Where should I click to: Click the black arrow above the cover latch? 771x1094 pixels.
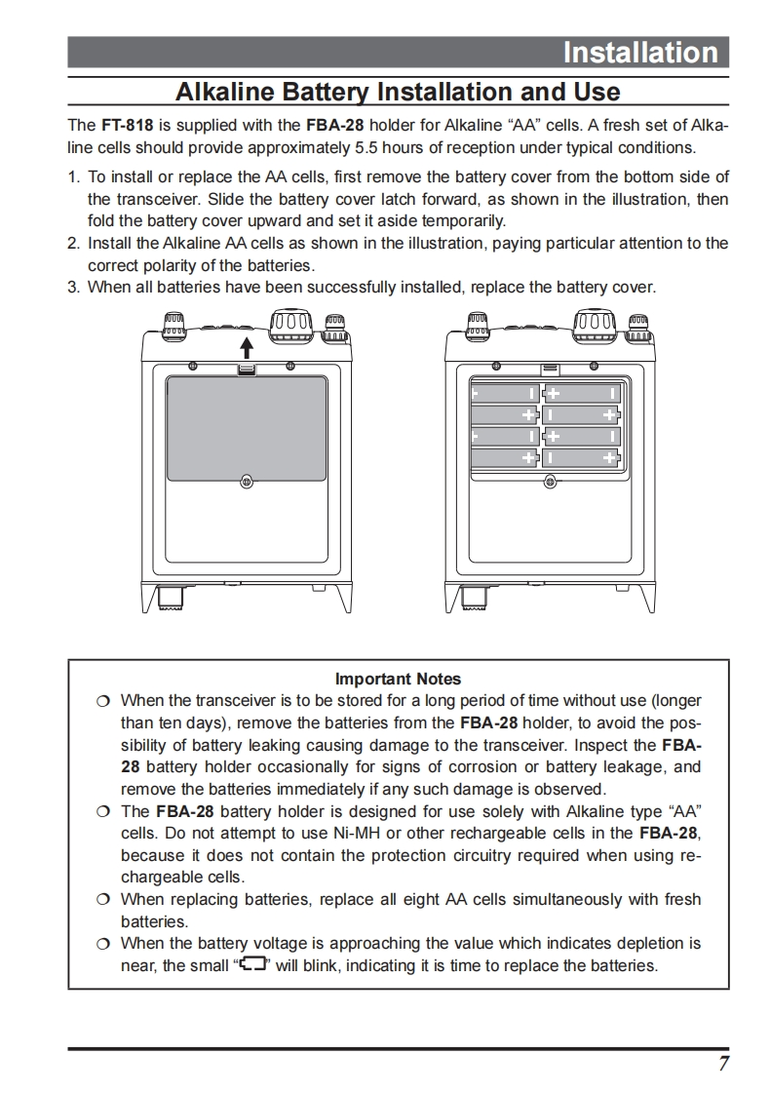[247, 347]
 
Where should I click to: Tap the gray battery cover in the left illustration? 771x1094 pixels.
[247, 428]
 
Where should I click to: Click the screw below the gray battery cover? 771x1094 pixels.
[247, 481]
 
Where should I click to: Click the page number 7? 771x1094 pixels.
[723, 1064]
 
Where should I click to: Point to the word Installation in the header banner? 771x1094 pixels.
[639, 53]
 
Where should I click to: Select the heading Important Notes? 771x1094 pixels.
[398, 679]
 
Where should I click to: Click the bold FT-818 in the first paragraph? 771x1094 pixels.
[127, 126]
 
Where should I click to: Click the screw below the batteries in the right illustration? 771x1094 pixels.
[550, 481]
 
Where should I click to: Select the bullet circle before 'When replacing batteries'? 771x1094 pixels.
[103, 899]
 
